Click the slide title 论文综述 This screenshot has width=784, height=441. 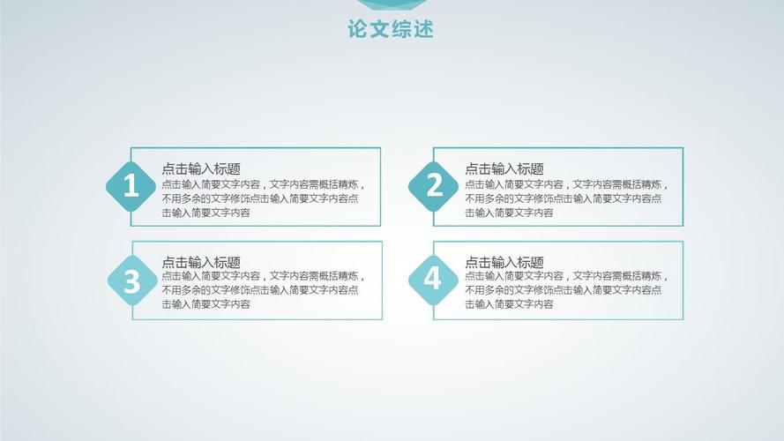click(392, 30)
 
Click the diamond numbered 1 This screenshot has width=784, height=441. click(131, 186)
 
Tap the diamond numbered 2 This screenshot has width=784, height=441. click(434, 185)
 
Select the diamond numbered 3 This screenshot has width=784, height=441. click(131, 281)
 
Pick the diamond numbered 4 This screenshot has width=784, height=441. click(433, 280)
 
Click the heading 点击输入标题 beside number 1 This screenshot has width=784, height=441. click(201, 168)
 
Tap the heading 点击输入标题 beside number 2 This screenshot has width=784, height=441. click(504, 168)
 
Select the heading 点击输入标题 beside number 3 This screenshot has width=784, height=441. click(201, 262)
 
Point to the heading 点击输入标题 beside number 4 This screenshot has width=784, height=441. click(504, 262)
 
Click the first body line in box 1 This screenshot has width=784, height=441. click(263, 185)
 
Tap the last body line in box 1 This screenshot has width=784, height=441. click(206, 213)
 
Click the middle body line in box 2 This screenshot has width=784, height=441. click(564, 198)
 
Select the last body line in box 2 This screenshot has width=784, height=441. click(510, 213)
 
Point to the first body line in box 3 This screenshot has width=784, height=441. click(263, 276)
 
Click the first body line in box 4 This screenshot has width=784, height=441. click(566, 276)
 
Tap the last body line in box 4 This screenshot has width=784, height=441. click(510, 304)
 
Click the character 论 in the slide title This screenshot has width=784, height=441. click(358, 30)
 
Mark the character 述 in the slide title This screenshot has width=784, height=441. click(424, 30)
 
